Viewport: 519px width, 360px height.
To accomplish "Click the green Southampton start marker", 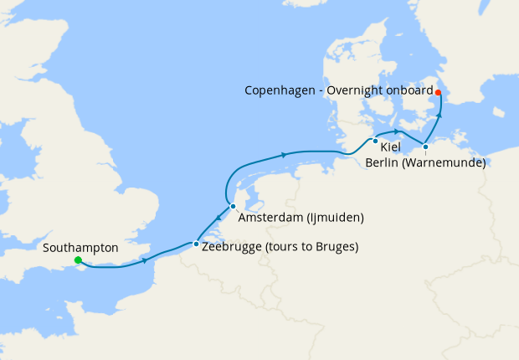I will click(x=78, y=260).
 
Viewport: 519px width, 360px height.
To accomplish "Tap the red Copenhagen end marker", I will click(x=438, y=92).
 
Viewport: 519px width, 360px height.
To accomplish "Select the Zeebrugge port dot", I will click(x=196, y=244).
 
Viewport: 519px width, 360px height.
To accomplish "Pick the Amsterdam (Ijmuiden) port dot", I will click(x=233, y=206).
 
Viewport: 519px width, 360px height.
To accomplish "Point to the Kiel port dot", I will click(x=376, y=141).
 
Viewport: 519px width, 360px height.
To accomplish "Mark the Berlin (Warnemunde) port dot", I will click(x=425, y=147).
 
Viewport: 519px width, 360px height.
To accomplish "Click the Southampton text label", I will click(x=80, y=249).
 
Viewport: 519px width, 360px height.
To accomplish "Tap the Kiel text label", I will click(x=390, y=147).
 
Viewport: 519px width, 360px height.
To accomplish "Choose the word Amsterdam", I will click(x=269, y=219).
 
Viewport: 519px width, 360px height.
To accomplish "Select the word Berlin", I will click(x=383, y=162).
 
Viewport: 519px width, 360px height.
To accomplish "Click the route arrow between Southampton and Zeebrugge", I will click(x=146, y=260).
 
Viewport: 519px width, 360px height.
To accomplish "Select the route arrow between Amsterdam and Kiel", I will click(x=285, y=154).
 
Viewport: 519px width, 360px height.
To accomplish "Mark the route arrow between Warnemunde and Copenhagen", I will click(x=438, y=111).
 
